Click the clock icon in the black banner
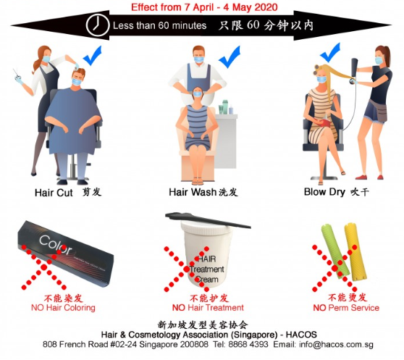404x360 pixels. click(98, 25)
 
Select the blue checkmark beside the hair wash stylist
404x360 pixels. click(230, 56)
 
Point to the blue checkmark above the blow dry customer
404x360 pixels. click(330, 52)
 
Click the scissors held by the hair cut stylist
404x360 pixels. click(17, 74)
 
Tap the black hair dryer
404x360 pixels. click(354, 70)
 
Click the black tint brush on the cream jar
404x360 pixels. click(208, 219)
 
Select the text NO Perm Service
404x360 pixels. click(346, 307)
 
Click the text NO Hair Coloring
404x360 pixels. click(63, 307)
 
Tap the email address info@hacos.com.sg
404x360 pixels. click(336, 344)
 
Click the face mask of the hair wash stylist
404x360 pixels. click(198, 59)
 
